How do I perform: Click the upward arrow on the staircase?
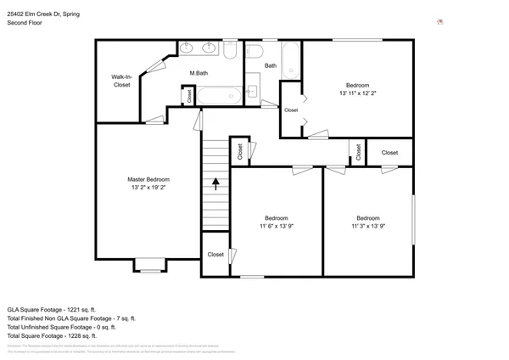click(x=215, y=182)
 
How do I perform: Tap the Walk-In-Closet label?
click(x=121, y=81)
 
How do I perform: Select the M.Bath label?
click(x=199, y=74)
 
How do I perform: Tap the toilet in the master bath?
click(x=230, y=50)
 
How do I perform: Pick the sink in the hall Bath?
click(x=251, y=92)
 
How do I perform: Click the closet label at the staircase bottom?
click(x=215, y=254)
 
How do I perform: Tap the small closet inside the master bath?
click(x=189, y=96)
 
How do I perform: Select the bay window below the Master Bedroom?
click(x=149, y=267)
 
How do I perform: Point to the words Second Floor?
click(x=25, y=24)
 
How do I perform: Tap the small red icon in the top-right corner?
click(x=439, y=20)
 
